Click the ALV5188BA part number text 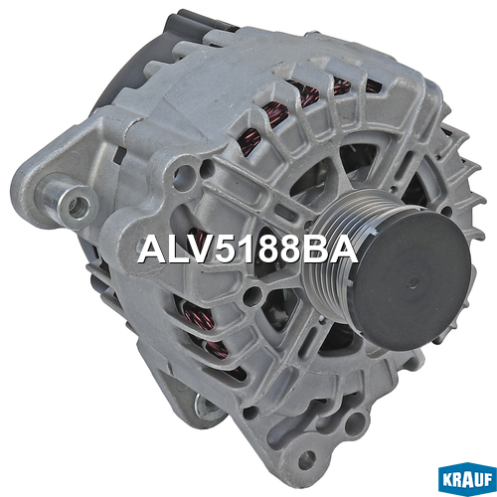pos(248,249)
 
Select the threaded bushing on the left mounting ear pos(77,205)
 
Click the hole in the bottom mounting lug pos(306,459)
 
